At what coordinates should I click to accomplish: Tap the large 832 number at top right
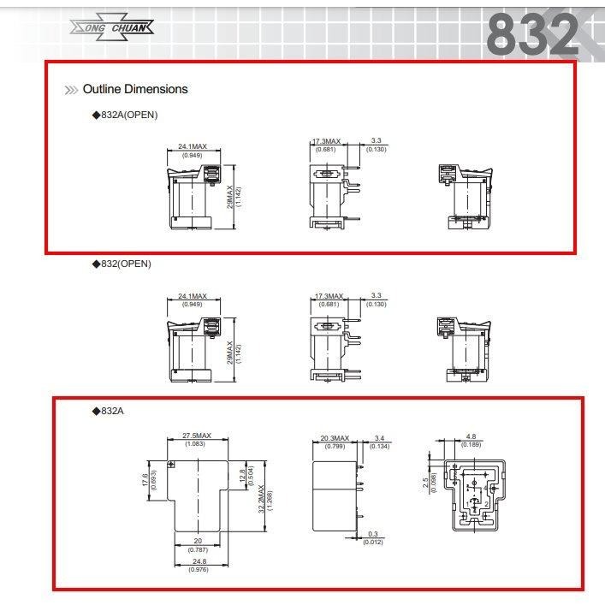tap(532, 35)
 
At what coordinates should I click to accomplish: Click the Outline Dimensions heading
tap(134, 89)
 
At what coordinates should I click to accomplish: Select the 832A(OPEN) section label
tap(125, 115)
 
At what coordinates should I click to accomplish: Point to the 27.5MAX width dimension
tap(199, 436)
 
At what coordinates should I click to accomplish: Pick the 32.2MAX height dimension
tap(260, 496)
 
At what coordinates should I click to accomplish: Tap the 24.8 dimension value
tap(199, 562)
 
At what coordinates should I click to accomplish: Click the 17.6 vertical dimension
tap(145, 483)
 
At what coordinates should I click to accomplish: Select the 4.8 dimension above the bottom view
tap(472, 436)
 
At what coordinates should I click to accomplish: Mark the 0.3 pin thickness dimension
tap(374, 534)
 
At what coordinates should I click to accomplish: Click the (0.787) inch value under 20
tap(199, 549)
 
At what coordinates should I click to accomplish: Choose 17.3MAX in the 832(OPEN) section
tap(327, 296)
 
